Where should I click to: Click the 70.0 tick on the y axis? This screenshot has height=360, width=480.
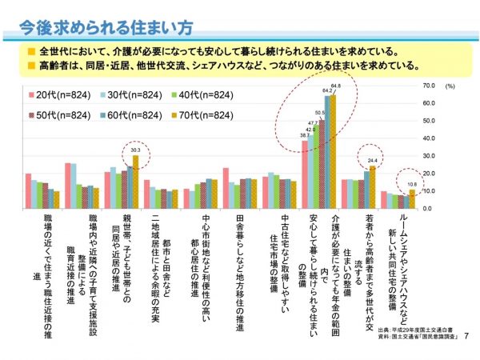click(427, 85)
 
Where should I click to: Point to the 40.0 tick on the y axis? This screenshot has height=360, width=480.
click(427, 138)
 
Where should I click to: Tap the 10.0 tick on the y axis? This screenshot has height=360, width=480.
click(427, 191)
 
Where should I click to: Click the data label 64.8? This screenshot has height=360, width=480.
click(336, 86)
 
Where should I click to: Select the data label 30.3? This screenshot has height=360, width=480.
click(135, 149)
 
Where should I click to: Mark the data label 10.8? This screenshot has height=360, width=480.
click(411, 183)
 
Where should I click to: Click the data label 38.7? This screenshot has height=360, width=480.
click(305, 135)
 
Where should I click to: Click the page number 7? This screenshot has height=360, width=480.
click(466, 335)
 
